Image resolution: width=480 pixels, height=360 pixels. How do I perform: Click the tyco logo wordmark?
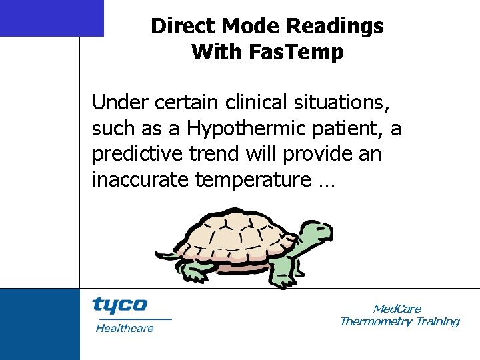(x=120, y=305)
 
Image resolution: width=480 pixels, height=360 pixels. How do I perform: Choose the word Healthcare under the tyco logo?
(x=125, y=328)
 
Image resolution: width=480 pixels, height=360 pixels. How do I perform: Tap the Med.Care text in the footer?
(x=397, y=309)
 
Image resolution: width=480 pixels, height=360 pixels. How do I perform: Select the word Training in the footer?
(x=437, y=321)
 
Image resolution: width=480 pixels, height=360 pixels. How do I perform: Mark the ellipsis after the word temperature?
(x=324, y=180)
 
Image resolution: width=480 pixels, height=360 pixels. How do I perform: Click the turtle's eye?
(x=318, y=229)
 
